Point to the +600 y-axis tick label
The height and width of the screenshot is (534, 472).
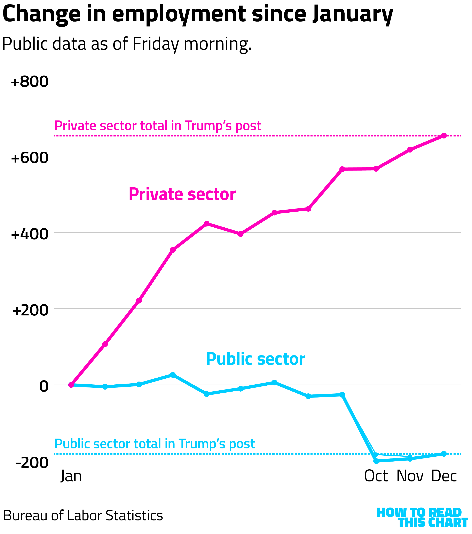(30, 158)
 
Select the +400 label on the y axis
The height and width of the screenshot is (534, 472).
(30, 234)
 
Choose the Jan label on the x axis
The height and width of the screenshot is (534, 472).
(71, 476)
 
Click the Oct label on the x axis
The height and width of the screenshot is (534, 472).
(376, 476)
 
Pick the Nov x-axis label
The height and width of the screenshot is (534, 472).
(410, 476)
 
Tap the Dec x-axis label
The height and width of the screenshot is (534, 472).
(444, 476)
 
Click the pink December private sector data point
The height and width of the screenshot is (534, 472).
(444, 136)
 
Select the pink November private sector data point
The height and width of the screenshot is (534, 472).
(410, 150)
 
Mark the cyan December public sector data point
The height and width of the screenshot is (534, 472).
(444, 454)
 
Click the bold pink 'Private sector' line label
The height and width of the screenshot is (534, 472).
(182, 194)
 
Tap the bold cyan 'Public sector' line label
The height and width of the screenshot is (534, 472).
(255, 359)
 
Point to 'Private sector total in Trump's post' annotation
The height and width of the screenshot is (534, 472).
(158, 126)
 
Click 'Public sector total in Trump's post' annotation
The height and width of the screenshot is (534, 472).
(155, 444)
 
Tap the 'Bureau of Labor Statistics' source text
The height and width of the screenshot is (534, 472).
(83, 516)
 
